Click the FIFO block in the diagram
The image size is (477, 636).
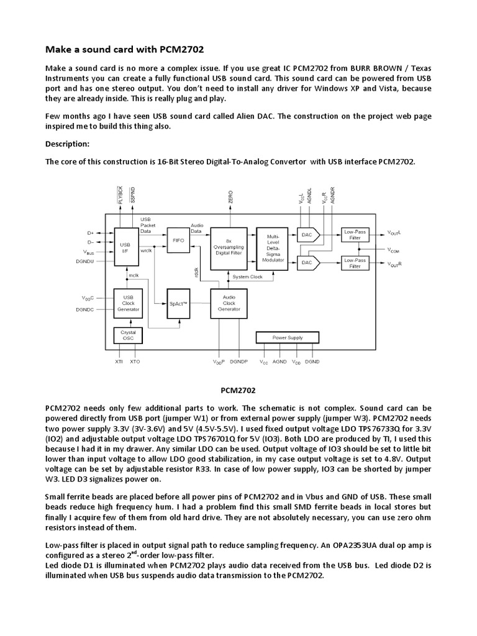tap(178, 240)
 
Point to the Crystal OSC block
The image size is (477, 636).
tap(129, 336)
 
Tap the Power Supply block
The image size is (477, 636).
tap(288, 337)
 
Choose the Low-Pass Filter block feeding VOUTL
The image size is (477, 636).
tap(354, 234)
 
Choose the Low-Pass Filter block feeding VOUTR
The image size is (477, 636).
tap(354, 263)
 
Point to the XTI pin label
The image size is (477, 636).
tap(119, 361)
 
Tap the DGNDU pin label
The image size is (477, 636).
tap(85, 261)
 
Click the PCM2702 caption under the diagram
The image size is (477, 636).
tap(238, 391)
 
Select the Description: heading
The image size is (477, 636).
tap(68, 143)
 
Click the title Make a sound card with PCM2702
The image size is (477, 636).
tap(125, 49)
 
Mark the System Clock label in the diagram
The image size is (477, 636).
tap(247, 276)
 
